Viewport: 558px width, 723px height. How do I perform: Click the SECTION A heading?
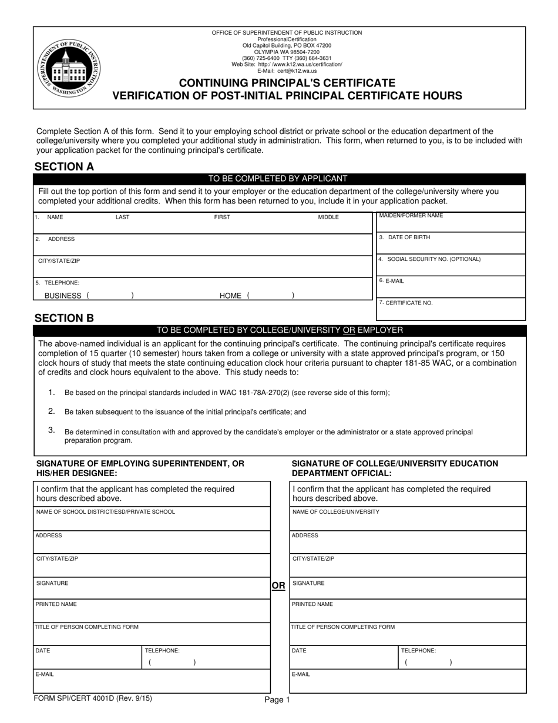pyautogui.click(x=64, y=166)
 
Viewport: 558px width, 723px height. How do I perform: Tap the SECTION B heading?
pyautogui.click(x=64, y=318)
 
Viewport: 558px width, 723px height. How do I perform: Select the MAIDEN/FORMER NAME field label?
pyautogui.click(x=411, y=216)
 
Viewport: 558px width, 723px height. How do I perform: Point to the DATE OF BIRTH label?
pyautogui.click(x=409, y=237)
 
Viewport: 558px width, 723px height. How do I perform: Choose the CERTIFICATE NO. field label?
pyautogui.click(x=409, y=303)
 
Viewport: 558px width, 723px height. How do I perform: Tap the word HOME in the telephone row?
pyautogui.click(x=230, y=296)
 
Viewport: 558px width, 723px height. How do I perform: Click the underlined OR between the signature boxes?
pyautogui.click(x=278, y=585)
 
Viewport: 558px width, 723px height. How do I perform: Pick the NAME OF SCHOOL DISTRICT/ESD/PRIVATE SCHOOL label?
pyautogui.click(x=106, y=512)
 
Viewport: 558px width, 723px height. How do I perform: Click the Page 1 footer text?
pyautogui.click(x=277, y=699)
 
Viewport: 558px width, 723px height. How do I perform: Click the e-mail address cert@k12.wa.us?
pyautogui.click(x=297, y=71)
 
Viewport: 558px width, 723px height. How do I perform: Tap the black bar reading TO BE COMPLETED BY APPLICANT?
pyautogui.click(x=278, y=179)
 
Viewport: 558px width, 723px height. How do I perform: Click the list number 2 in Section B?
pyautogui.click(x=52, y=411)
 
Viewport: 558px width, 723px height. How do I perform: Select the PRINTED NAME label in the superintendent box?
pyautogui.click(x=56, y=604)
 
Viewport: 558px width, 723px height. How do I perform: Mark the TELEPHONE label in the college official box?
pyautogui.click(x=418, y=651)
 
